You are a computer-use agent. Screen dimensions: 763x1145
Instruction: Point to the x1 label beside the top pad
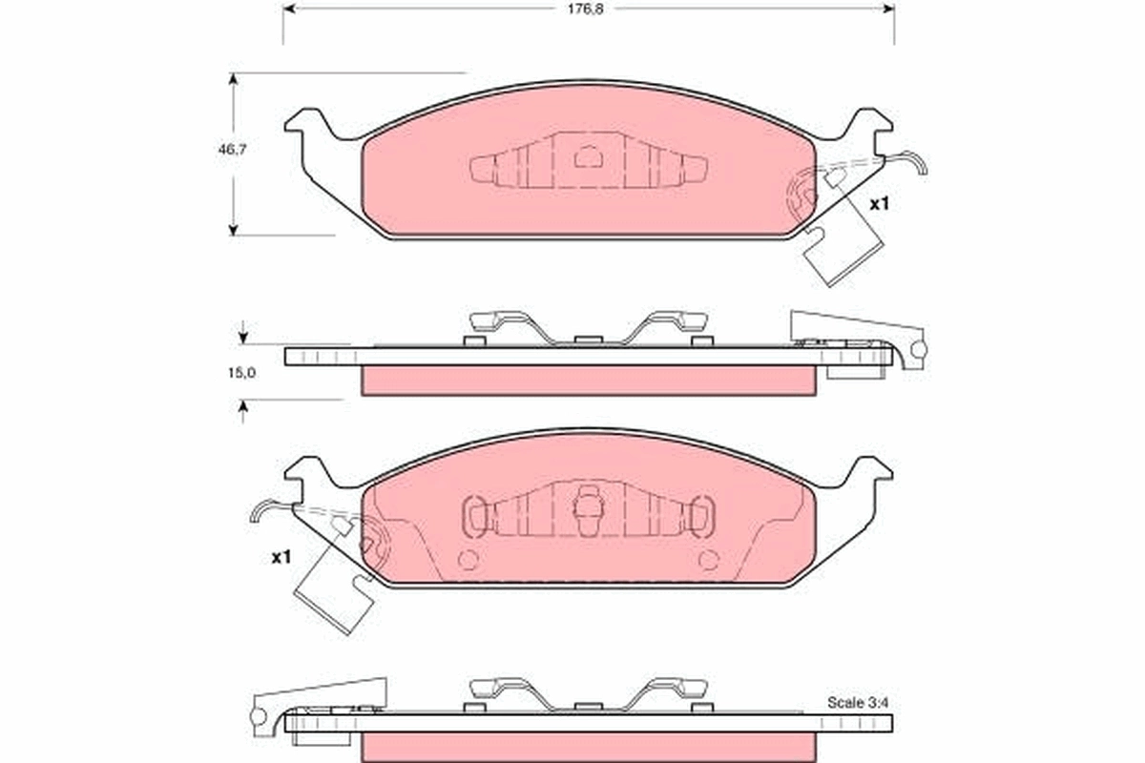(878, 204)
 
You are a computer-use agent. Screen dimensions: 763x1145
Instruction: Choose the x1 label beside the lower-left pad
(280, 557)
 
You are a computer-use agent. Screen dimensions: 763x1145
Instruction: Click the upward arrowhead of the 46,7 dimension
(232, 78)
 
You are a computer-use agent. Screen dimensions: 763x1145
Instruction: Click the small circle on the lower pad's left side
(468, 560)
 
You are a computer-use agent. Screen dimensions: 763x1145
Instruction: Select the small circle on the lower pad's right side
(708, 560)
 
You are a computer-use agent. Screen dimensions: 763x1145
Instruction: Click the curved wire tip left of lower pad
(258, 514)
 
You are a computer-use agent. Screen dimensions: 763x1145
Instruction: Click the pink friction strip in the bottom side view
(589, 747)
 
